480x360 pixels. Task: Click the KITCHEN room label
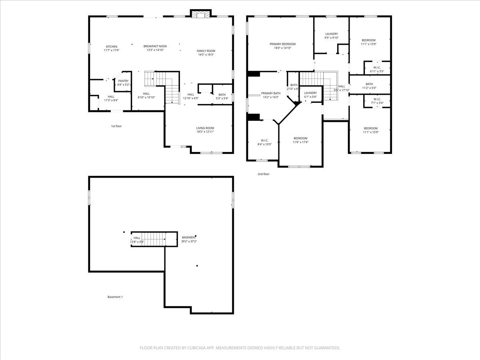point(112,46)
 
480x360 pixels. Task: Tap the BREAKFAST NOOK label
point(155,46)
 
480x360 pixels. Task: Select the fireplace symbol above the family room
point(200,14)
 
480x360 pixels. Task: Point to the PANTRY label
point(123,81)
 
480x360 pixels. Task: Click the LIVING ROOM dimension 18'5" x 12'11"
point(205,132)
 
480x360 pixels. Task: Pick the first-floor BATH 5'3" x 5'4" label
point(222,95)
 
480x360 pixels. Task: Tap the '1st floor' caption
point(116,126)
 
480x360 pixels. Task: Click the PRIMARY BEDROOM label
point(282,44)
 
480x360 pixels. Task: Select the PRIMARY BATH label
point(271,93)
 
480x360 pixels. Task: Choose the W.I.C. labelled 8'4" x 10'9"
point(264,140)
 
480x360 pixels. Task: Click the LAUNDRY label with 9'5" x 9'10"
point(332,34)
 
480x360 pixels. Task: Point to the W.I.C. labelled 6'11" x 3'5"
point(377,67)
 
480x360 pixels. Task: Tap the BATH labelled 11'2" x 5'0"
point(369,84)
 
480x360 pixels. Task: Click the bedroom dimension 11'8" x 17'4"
point(300,142)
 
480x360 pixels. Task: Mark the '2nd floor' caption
point(264,174)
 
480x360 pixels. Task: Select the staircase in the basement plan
point(154,239)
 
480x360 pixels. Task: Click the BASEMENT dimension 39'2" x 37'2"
point(189,241)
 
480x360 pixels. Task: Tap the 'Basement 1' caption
point(115,297)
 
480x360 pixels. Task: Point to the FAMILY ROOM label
point(206,51)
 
